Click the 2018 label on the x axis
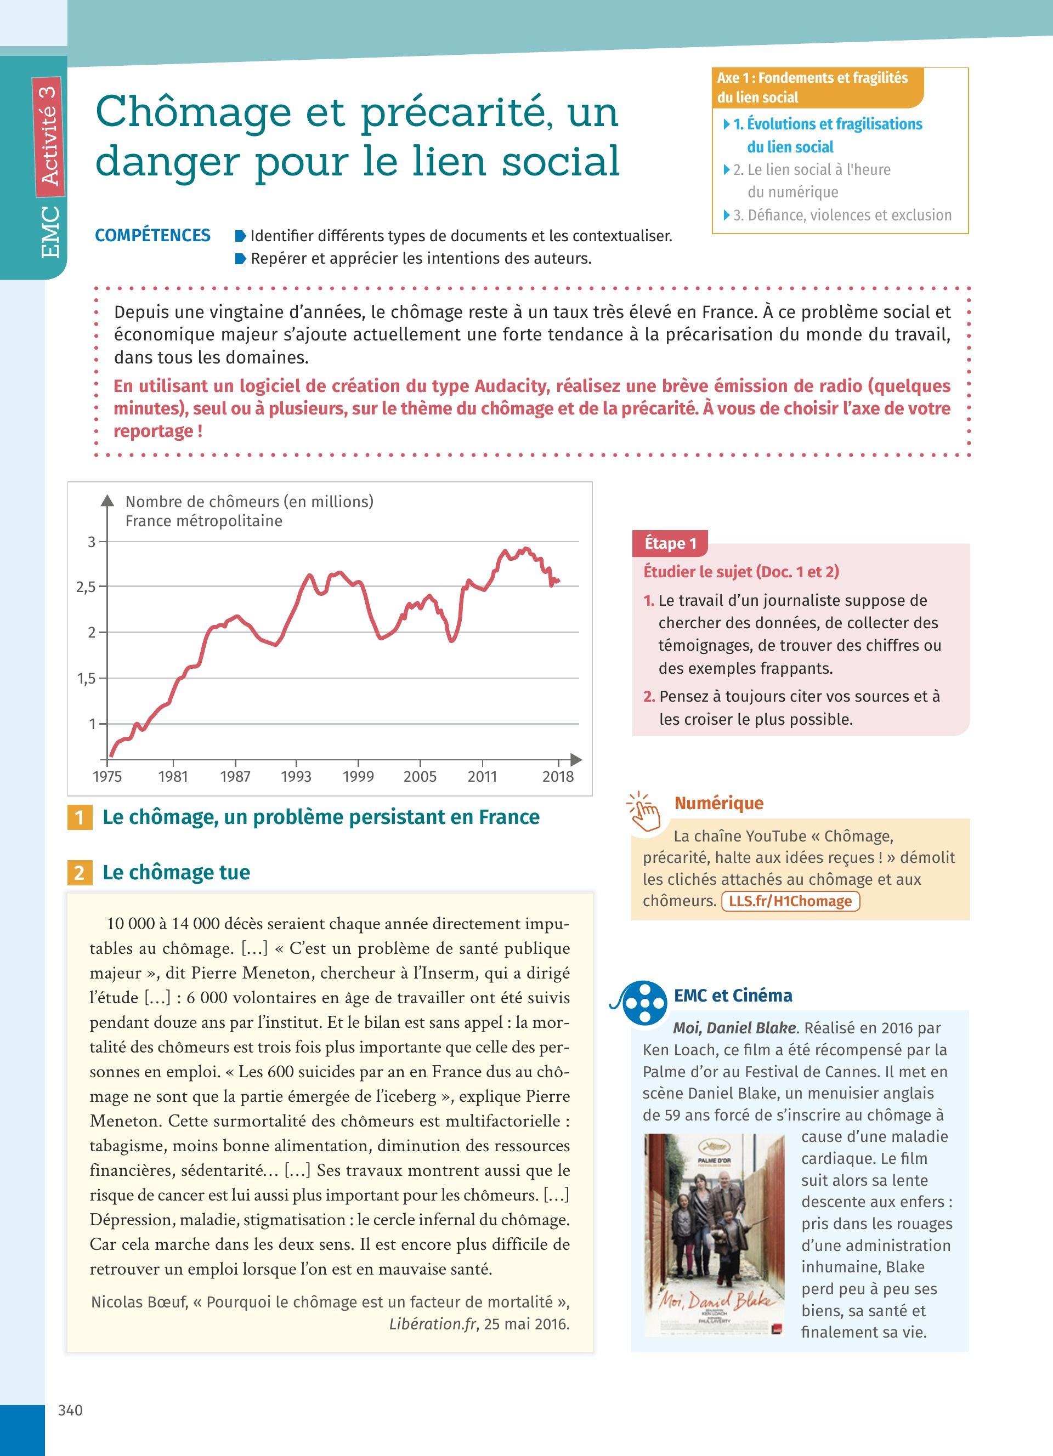click(x=557, y=777)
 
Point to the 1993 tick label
click(x=296, y=777)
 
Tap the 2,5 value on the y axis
click(x=86, y=587)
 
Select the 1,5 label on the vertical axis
click(x=86, y=679)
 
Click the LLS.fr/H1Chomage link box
click(x=790, y=901)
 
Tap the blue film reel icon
click(x=643, y=1003)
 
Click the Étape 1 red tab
click(x=670, y=544)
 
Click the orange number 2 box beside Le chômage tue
click(x=80, y=872)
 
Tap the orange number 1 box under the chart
click(x=80, y=817)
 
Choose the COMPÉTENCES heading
click(x=153, y=236)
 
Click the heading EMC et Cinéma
click(x=733, y=996)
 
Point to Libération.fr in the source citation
click(x=432, y=1324)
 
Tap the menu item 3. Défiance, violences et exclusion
click(x=842, y=215)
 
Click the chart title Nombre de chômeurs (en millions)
click(x=249, y=502)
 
